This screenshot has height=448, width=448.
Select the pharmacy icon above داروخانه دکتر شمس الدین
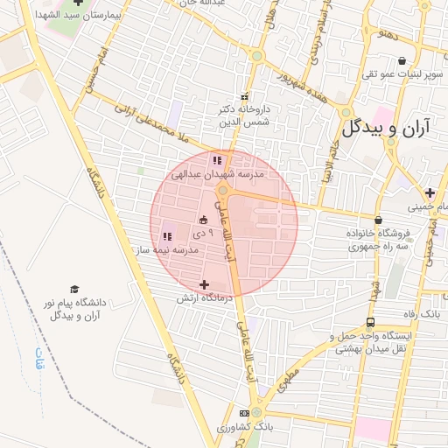click(x=244, y=97)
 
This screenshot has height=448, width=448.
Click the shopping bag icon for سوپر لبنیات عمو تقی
click(x=402, y=61)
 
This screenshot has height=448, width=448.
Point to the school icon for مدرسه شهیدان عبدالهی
click(x=216, y=161)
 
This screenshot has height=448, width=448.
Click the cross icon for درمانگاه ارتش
click(x=205, y=284)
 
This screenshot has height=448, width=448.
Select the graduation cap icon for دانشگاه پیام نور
click(x=74, y=290)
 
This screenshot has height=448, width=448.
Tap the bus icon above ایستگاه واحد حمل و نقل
click(x=372, y=322)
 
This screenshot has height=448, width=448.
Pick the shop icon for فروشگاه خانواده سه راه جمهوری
click(x=378, y=220)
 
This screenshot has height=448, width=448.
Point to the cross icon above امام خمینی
click(x=430, y=192)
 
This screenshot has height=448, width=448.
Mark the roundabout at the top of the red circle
click(x=223, y=189)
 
